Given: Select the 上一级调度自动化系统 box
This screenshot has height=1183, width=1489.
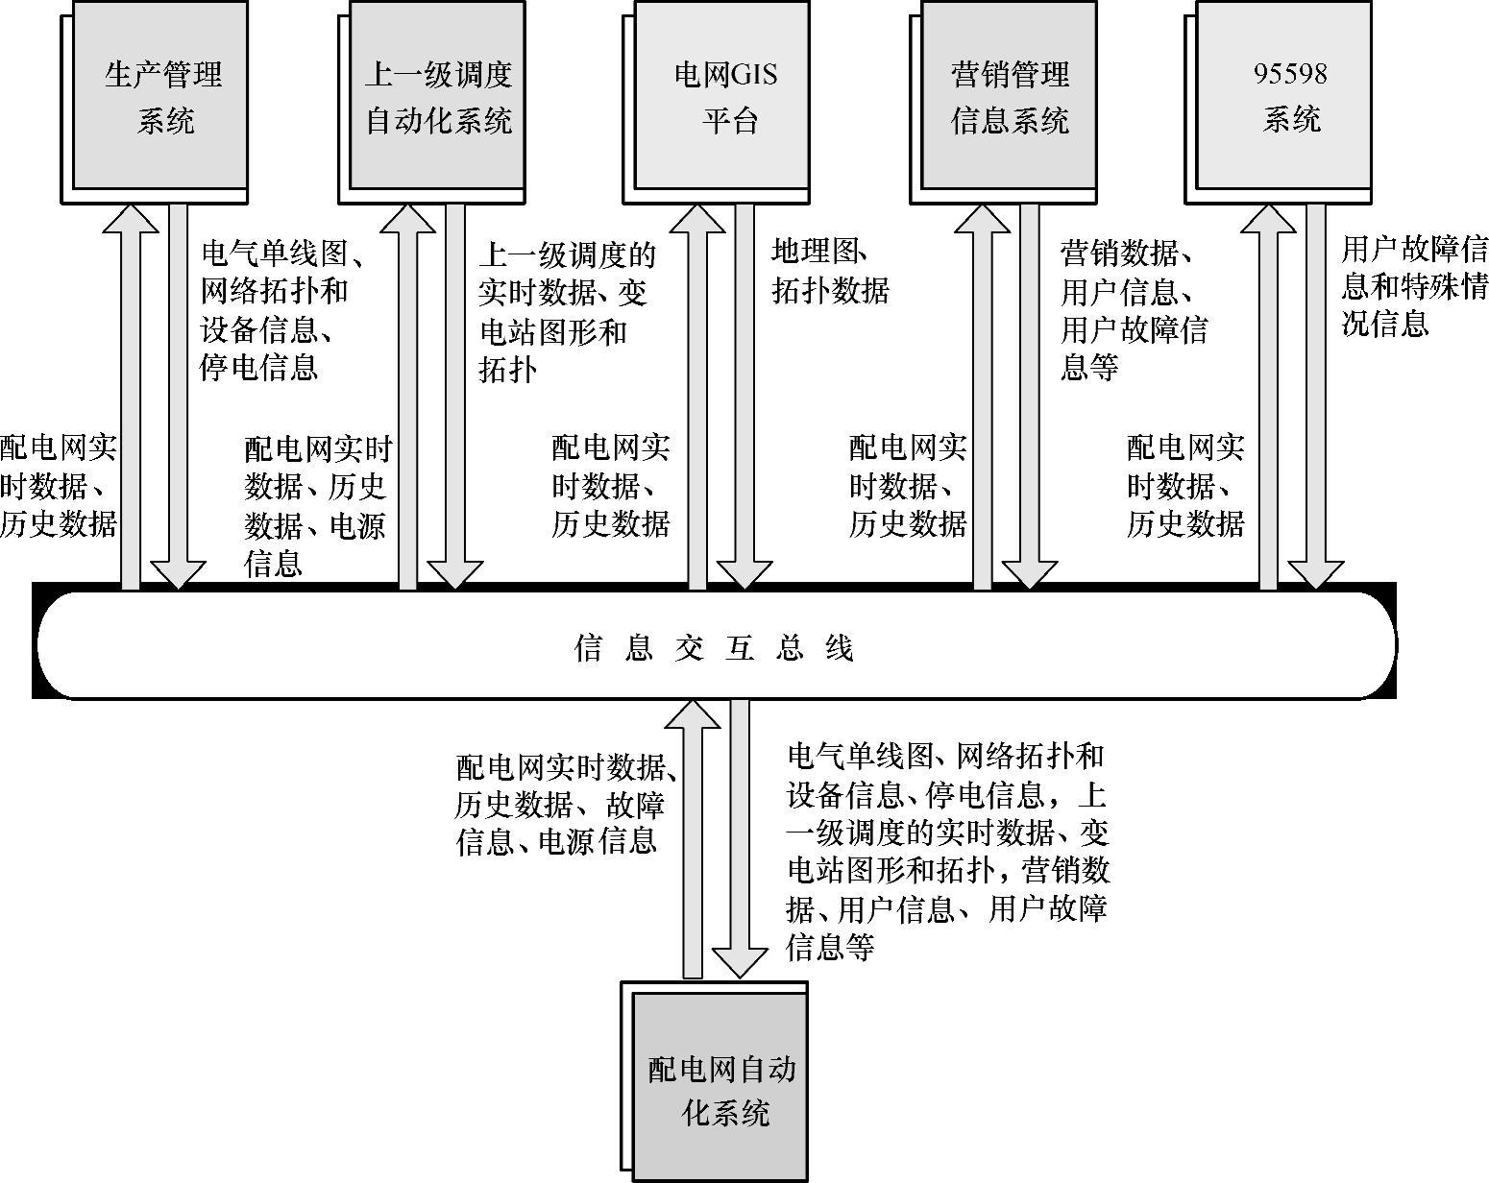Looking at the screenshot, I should (437, 97).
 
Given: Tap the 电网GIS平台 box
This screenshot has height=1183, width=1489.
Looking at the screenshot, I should (725, 97).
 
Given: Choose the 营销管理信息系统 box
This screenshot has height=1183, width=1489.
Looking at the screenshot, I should (1009, 97).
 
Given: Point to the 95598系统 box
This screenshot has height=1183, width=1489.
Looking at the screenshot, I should (1287, 97).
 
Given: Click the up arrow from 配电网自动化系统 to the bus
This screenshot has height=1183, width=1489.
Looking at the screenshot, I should (692, 835).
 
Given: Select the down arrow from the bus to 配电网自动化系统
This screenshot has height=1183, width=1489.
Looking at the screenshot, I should (740, 835).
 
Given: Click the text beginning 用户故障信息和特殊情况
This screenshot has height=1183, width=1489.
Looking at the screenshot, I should (1413, 287).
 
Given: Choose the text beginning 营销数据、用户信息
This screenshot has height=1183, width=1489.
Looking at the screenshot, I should (1134, 310).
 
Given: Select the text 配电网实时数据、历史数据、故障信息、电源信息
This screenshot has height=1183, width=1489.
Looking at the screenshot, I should (567, 804).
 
